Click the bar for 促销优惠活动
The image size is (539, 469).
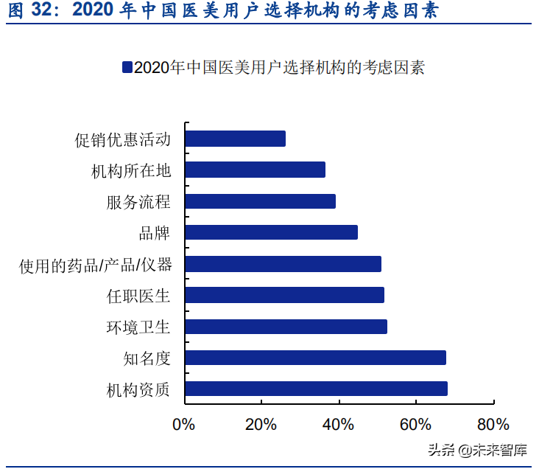[x=235, y=139]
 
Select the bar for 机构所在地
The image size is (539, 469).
[x=255, y=170]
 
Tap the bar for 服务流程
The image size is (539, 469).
[x=260, y=201]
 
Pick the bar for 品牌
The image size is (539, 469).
[x=271, y=232]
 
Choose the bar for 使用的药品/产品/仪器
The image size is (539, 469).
[x=283, y=264]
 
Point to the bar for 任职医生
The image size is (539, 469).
[x=284, y=296]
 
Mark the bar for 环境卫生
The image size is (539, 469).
[x=286, y=327]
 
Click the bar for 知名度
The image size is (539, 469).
[x=315, y=358]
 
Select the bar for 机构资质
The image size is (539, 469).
[x=316, y=389]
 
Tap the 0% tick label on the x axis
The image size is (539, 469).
[x=183, y=425]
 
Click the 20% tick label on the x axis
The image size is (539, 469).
[x=261, y=425]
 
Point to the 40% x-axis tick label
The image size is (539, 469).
[x=338, y=425]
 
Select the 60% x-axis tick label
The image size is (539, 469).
[x=415, y=425]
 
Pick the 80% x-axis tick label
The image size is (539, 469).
[x=493, y=425]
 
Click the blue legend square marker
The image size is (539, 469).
[x=127, y=67]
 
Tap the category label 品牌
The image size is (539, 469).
[x=155, y=233]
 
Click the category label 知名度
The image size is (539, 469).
[x=147, y=358]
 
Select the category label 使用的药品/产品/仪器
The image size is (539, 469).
[x=95, y=265]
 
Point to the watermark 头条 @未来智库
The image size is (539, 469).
[x=478, y=449]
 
